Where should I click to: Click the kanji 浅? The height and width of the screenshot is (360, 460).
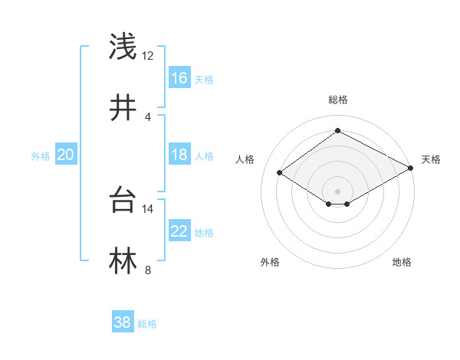click(x=123, y=47)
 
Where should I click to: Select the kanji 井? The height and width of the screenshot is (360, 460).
click(x=123, y=108)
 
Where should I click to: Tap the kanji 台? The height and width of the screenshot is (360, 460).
click(x=123, y=201)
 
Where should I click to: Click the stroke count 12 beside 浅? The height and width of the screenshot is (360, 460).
click(x=148, y=56)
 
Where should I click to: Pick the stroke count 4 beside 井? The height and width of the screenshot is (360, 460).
click(x=148, y=116)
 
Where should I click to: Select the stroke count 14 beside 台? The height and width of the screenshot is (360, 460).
click(x=148, y=209)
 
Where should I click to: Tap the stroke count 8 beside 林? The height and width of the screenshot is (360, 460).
click(x=148, y=270)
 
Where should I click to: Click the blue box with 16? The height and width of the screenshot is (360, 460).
click(x=179, y=78)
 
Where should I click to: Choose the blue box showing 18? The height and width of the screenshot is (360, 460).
click(x=179, y=155)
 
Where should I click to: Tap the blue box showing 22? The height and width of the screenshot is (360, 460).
click(x=179, y=231)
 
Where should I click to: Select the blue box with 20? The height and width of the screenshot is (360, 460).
click(x=65, y=155)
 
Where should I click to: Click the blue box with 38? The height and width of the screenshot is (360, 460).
click(x=122, y=322)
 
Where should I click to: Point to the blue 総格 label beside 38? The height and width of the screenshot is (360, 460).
click(x=147, y=324)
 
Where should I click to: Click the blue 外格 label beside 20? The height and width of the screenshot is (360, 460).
click(x=41, y=156)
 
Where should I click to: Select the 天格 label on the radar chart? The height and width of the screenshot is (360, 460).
click(x=431, y=159)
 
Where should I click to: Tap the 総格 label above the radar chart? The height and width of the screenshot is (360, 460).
click(x=337, y=100)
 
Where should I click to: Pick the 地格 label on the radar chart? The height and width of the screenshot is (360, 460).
click(x=402, y=262)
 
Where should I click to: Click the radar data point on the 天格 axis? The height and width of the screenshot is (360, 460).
click(x=412, y=169)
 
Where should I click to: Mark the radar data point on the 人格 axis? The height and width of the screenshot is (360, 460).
click(x=280, y=173)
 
